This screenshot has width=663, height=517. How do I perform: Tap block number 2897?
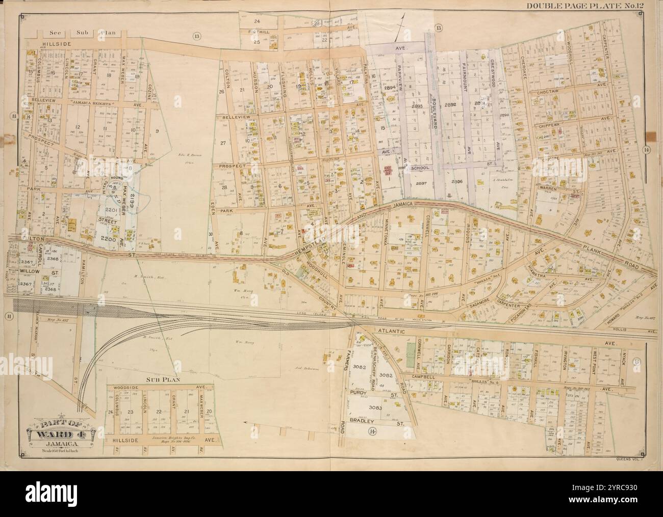(x=421, y=183)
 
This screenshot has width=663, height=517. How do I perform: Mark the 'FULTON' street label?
(x=23, y=238)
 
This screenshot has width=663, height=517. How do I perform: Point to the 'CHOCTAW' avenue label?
(x=548, y=93)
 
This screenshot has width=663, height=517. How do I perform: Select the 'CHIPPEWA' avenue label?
(x=548, y=124)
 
